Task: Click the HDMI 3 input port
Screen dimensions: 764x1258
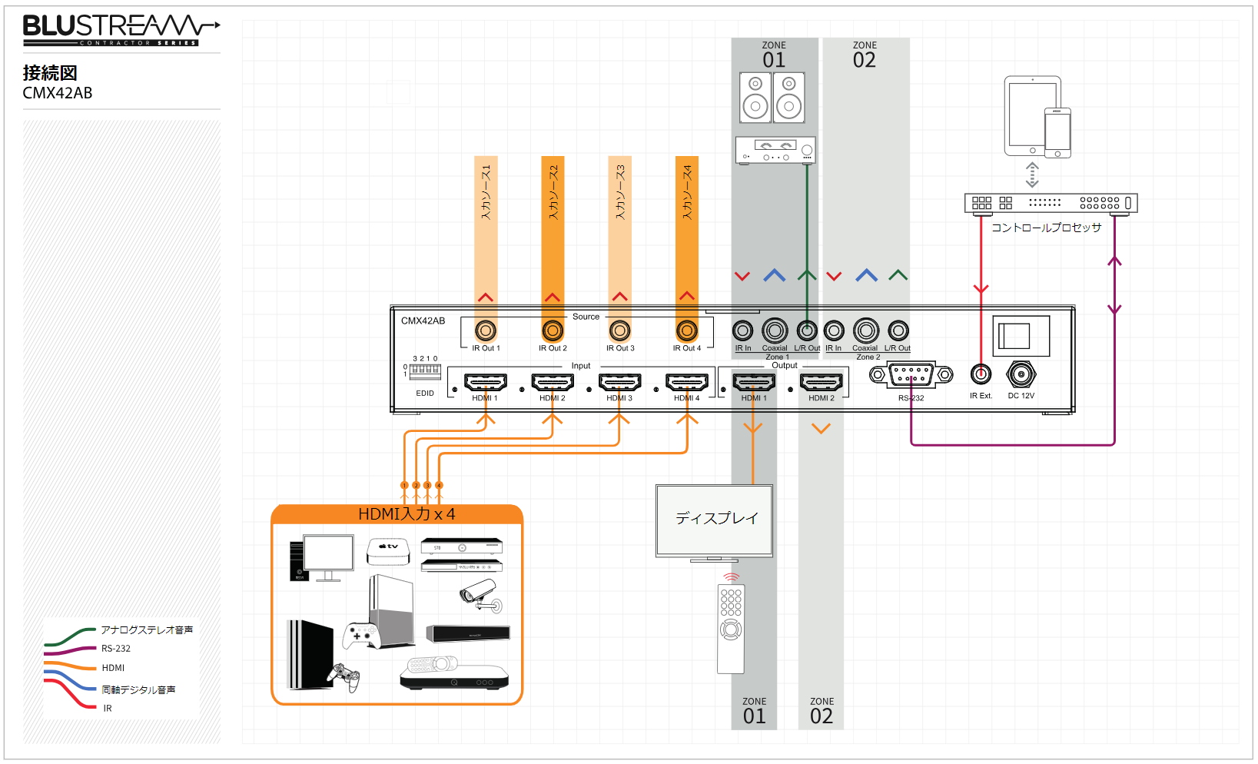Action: (x=619, y=382)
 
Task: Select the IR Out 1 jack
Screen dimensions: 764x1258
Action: (x=485, y=331)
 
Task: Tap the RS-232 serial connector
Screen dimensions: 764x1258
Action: (x=911, y=375)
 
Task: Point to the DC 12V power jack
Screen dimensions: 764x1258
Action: (x=1021, y=375)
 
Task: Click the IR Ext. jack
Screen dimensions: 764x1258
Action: (x=981, y=375)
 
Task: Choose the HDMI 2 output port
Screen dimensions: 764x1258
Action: (x=822, y=382)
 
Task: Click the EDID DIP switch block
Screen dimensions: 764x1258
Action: (x=425, y=370)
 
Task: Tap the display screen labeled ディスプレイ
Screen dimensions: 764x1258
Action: (x=715, y=520)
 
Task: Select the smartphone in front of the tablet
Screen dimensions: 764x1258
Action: (x=1057, y=132)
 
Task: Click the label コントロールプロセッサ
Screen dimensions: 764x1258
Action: (x=1046, y=228)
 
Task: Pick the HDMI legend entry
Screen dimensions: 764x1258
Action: (x=113, y=668)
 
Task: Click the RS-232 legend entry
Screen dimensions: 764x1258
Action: (x=116, y=649)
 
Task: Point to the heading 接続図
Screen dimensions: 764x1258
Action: (x=50, y=73)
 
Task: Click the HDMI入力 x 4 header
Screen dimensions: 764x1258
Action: (x=406, y=514)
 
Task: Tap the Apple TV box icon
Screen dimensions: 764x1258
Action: (x=388, y=550)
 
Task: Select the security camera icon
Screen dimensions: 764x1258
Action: (x=481, y=596)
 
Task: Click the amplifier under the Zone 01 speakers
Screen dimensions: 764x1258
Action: (x=775, y=150)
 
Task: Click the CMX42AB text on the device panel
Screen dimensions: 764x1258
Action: (x=423, y=321)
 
